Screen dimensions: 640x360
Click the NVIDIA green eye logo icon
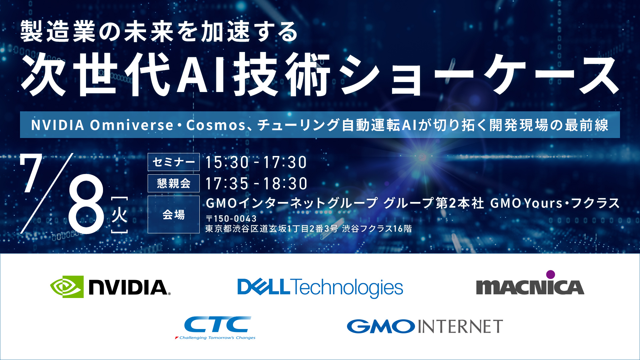tap(67, 287)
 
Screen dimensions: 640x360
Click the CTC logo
tap(216, 328)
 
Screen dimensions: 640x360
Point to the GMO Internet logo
tap(425, 326)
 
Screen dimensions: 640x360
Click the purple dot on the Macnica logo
tap(551, 274)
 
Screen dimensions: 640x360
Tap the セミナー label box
tap(174, 162)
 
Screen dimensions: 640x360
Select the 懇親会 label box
tap(174, 183)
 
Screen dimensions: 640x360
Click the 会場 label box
tap(174, 214)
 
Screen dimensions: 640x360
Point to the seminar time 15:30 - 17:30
tap(256, 162)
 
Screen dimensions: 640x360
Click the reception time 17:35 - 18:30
tap(256, 184)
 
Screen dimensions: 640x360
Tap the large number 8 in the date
tap(86, 204)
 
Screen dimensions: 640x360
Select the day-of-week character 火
tap(119, 215)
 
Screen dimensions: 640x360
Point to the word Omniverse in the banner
tap(132, 125)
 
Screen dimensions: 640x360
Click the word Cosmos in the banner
tap(216, 125)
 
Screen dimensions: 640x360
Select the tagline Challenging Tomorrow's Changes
tap(217, 338)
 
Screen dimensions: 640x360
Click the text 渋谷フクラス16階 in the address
tap(377, 229)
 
